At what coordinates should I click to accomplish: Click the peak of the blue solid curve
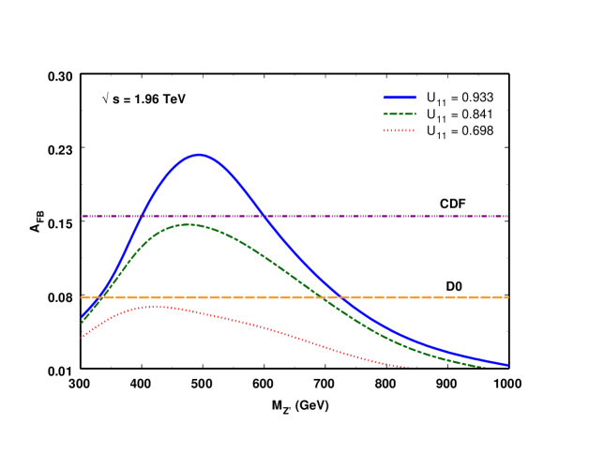click(x=199, y=155)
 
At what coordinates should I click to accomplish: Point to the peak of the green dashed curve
click(x=188, y=224)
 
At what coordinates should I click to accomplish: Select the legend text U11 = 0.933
click(x=460, y=97)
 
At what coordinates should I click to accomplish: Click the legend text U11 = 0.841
click(x=460, y=114)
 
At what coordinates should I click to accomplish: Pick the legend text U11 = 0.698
click(x=460, y=131)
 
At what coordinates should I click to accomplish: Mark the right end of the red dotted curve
click(x=408, y=367)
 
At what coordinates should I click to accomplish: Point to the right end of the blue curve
click(x=507, y=365)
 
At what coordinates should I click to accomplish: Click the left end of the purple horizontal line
click(x=82, y=216)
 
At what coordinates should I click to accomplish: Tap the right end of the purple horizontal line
click(x=507, y=216)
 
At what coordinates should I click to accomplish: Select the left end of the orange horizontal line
click(x=82, y=297)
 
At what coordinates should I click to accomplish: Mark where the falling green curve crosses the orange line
click(x=322, y=297)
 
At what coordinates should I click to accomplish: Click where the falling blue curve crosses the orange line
click(x=342, y=297)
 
